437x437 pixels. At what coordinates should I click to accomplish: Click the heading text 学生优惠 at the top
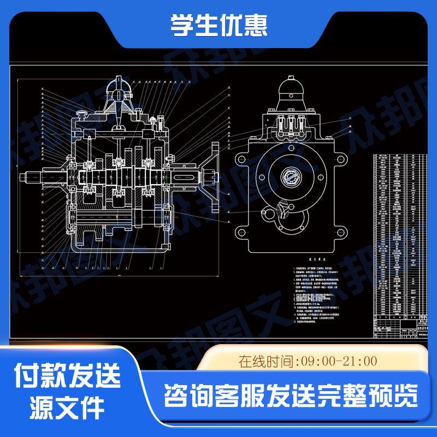[x=218, y=26]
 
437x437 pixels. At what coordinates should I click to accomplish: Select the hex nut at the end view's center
[x=290, y=178]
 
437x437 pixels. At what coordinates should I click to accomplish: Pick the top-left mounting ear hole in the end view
[x=239, y=159]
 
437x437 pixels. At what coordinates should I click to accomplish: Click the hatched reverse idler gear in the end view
[x=282, y=209]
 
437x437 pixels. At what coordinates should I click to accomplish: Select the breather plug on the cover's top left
[x=82, y=115]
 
